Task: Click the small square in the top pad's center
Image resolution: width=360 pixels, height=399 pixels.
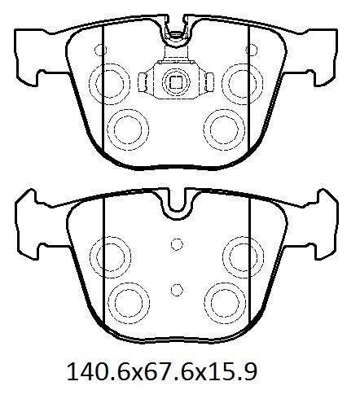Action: point(176,81)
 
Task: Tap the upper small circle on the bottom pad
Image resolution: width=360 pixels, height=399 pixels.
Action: point(177,244)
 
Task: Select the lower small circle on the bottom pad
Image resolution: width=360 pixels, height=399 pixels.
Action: point(177,290)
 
